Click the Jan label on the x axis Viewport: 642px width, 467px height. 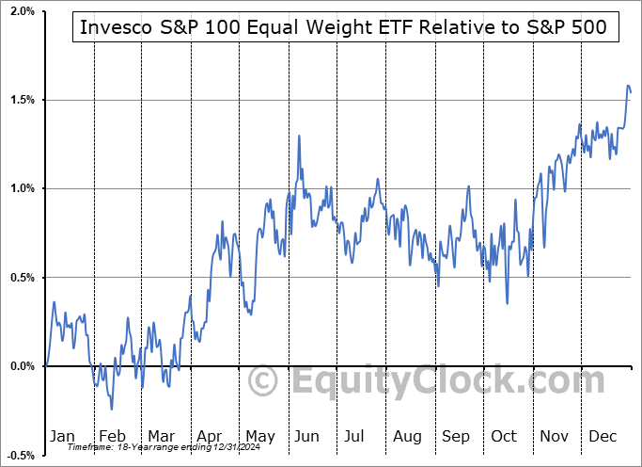pyautogui.click(x=62, y=436)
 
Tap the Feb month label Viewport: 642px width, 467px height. pyautogui.click(x=112, y=436)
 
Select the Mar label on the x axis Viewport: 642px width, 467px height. pyautogui.click(x=161, y=436)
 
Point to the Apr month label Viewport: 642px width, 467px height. pyautogui.click(x=210, y=436)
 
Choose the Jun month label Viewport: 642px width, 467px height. pyautogui.click(x=307, y=436)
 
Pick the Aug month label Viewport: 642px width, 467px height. pyautogui.click(x=406, y=436)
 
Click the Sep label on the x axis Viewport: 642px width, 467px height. pyautogui.click(x=455, y=436)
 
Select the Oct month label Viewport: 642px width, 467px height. pyautogui.click(x=504, y=436)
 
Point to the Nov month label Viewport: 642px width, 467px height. pyautogui.click(x=554, y=436)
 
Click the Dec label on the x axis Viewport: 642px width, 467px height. pyautogui.click(x=603, y=436)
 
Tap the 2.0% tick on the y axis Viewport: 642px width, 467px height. pyautogui.click(x=20, y=11)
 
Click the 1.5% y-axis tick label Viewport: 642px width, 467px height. pyautogui.click(x=20, y=100)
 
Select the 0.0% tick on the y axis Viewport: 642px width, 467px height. pyautogui.click(x=20, y=366)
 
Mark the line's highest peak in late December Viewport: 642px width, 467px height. pyautogui.click(x=628, y=86)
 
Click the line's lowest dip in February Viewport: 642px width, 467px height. pyautogui.click(x=112, y=409)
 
